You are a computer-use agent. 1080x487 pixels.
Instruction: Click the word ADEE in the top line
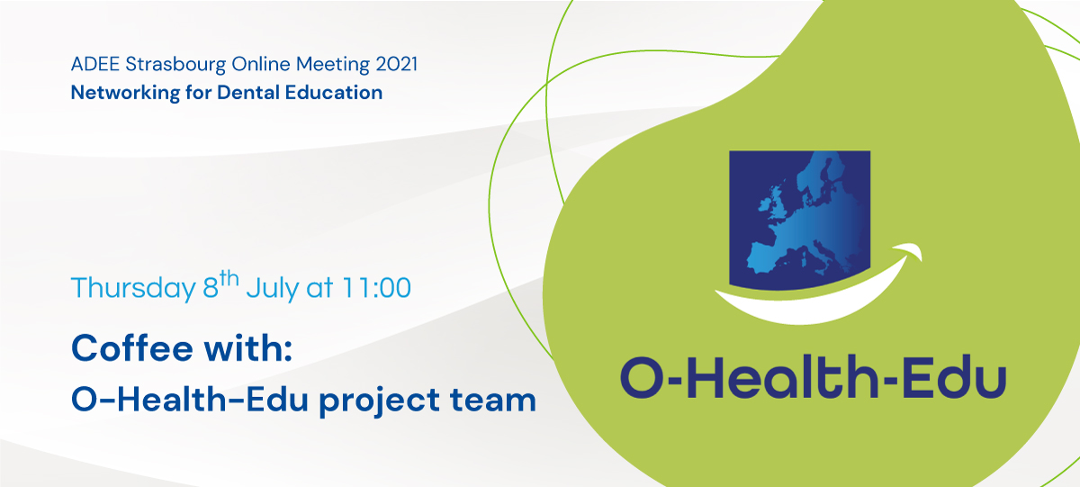[95, 64]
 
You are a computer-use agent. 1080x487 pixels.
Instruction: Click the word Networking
[125, 93]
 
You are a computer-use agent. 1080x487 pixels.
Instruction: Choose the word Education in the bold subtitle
[334, 92]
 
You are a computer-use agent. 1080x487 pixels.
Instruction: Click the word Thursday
[133, 289]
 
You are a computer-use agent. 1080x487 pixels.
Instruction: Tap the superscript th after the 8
[229, 279]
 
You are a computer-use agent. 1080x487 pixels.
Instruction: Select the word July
[273, 289]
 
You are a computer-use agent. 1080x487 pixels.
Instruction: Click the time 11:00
[376, 288]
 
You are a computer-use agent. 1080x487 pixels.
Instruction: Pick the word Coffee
[132, 347]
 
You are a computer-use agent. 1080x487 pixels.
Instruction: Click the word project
[380, 401]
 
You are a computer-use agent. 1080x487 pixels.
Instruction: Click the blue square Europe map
[799, 220]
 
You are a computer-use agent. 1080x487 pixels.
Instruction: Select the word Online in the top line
[261, 64]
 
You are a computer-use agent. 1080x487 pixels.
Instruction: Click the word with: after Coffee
[248, 347]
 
